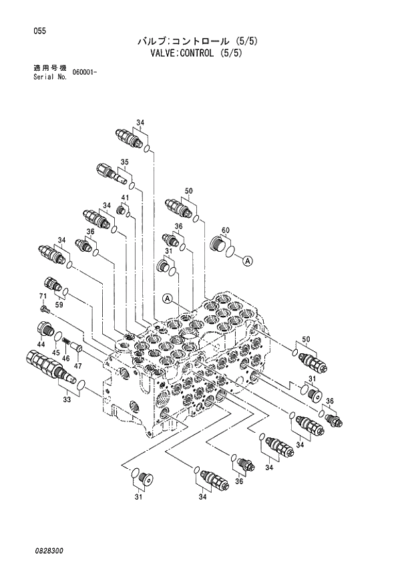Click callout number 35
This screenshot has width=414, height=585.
point(124,162)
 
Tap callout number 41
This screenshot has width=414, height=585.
point(125,198)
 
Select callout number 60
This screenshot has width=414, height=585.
point(226,230)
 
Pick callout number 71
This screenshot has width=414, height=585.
point(41,296)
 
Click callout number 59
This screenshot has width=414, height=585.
point(59,305)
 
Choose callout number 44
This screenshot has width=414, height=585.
point(41,343)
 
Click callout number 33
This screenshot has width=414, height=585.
point(66,400)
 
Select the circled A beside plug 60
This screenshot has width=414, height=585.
point(246,261)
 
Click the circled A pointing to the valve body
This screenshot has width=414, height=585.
point(168,298)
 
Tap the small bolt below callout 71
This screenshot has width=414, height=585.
point(45,309)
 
